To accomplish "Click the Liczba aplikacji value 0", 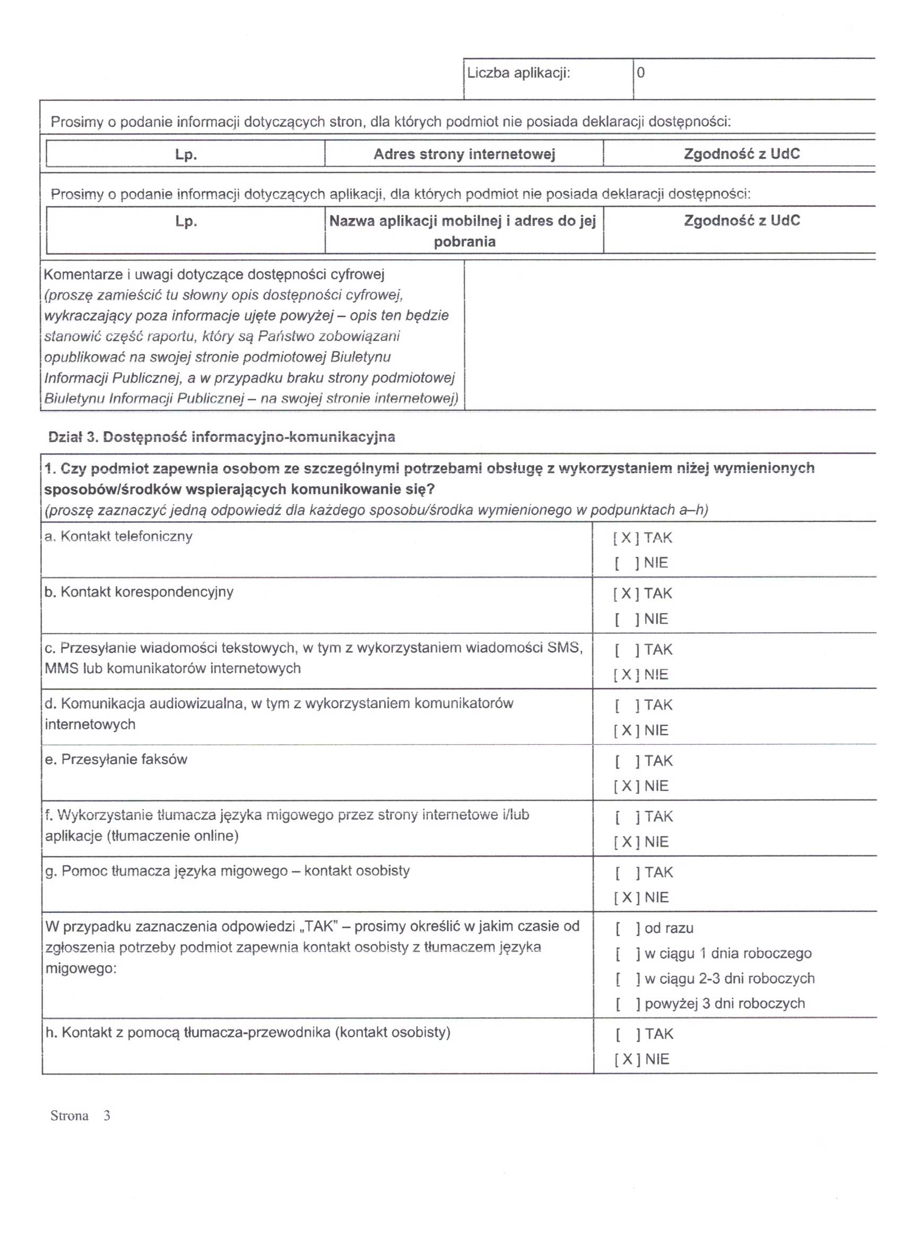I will [x=640, y=73].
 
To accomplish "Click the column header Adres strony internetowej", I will [x=464, y=154].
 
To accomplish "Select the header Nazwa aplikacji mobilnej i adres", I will [x=463, y=221].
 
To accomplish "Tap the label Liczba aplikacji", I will [x=518, y=73].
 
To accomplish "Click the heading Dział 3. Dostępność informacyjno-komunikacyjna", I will [x=222, y=437].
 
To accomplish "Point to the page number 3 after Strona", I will [x=107, y=1116].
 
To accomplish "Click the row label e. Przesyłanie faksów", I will [x=116, y=759].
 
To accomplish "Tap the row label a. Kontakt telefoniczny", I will [x=118, y=536].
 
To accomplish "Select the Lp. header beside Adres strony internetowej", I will [x=186, y=154].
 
